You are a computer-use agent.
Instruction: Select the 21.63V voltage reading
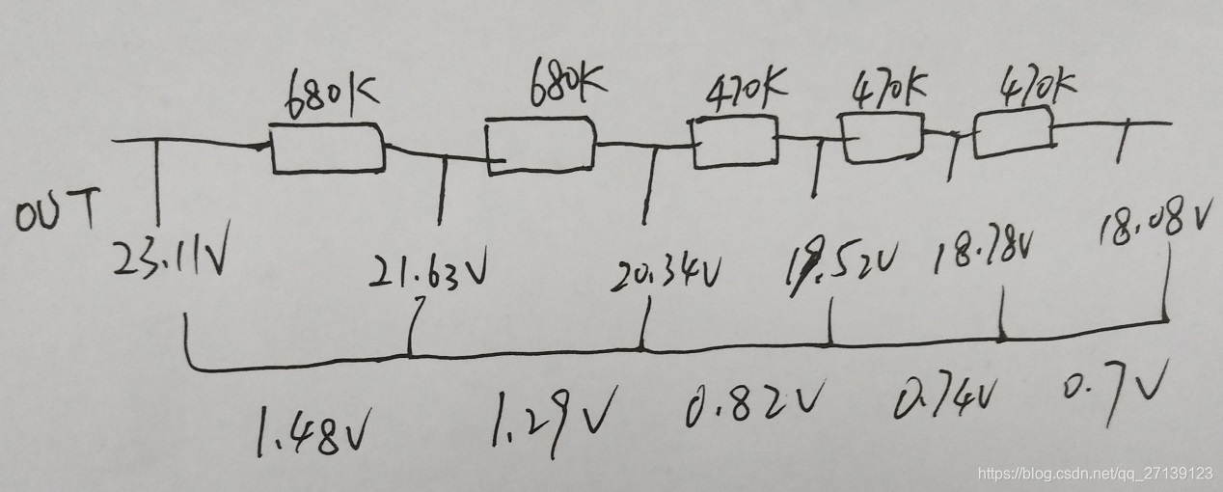click(x=428, y=273)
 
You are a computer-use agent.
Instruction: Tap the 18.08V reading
click(x=1152, y=223)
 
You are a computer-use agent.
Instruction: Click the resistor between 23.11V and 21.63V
click(x=328, y=150)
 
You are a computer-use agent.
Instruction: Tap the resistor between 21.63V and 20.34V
click(x=540, y=146)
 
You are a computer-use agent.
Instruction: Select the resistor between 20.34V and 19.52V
click(x=735, y=142)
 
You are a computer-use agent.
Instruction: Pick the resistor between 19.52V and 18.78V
click(x=883, y=137)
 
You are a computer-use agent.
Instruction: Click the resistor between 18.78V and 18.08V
click(x=1013, y=133)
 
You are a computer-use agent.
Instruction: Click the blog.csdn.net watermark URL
click(x=1095, y=474)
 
